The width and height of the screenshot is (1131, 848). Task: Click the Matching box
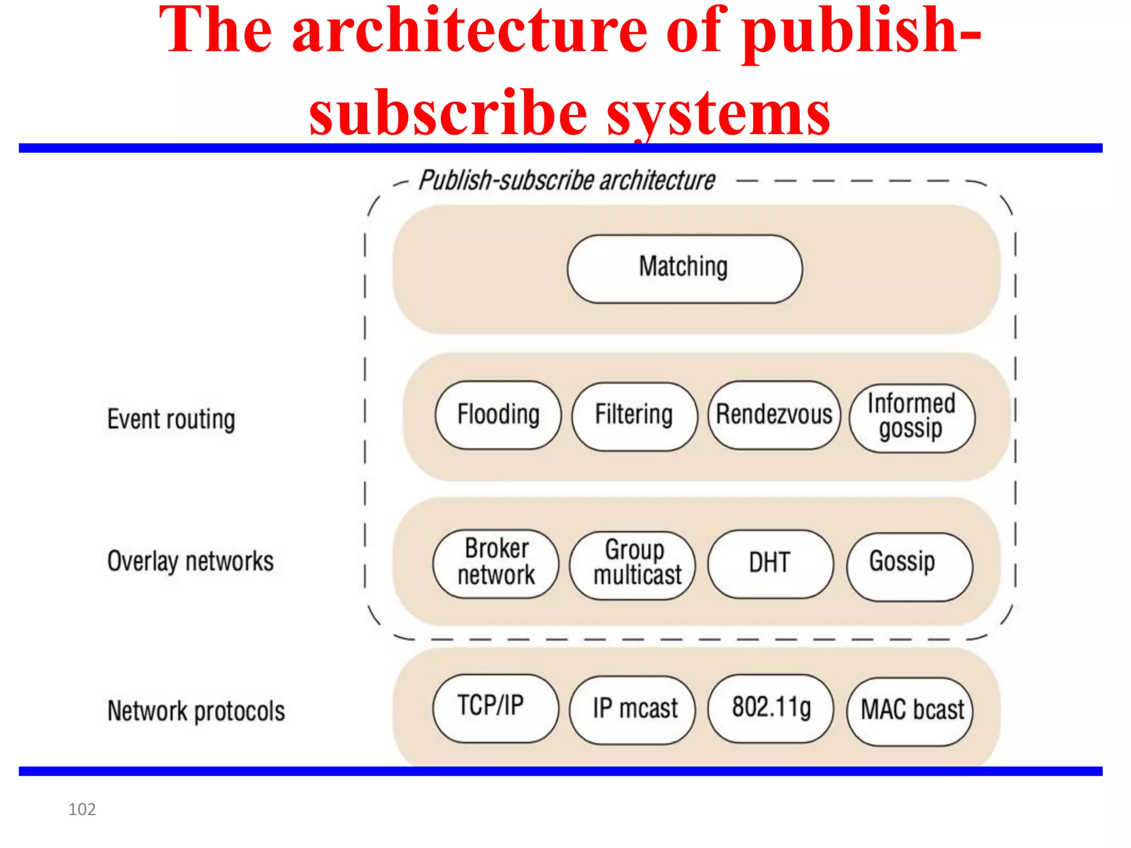(x=684, y=269)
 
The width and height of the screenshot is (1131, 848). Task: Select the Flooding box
(x=498, y=415)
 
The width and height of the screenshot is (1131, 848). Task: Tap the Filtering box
(x=634, y=416)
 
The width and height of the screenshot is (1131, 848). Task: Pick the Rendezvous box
(x=774, y=415)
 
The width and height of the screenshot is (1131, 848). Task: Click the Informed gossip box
(x=912, y=418)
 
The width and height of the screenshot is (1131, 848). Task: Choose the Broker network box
(x=495, y=564)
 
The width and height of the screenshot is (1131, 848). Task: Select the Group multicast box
(x=633, y=565)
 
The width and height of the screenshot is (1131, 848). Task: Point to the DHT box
(x=770, y=564)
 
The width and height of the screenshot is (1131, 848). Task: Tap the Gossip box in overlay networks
(x=908, y=566)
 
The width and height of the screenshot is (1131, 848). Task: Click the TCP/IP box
(x=495, y=708)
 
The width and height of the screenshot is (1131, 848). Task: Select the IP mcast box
(x=633, y=710)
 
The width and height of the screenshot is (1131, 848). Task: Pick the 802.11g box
(x=770, y=708)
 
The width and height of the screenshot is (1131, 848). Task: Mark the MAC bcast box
(x=910, y=712)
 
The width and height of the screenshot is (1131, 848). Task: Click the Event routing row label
(x=171, y=420)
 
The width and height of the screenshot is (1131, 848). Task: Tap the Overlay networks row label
(x=191, y=561)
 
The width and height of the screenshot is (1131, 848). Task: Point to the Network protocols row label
(x=196, y=711)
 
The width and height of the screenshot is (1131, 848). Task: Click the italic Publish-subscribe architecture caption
(x=567, y=181)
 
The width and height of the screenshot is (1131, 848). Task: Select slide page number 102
(x=82, y=809)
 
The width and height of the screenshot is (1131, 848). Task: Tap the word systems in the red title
(x=718, y=114)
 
